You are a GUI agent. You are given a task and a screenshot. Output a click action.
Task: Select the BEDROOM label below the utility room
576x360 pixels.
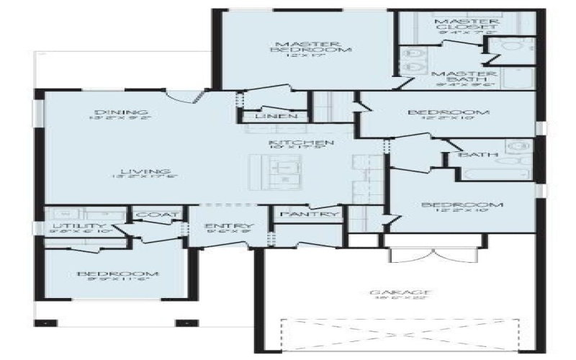117,274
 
